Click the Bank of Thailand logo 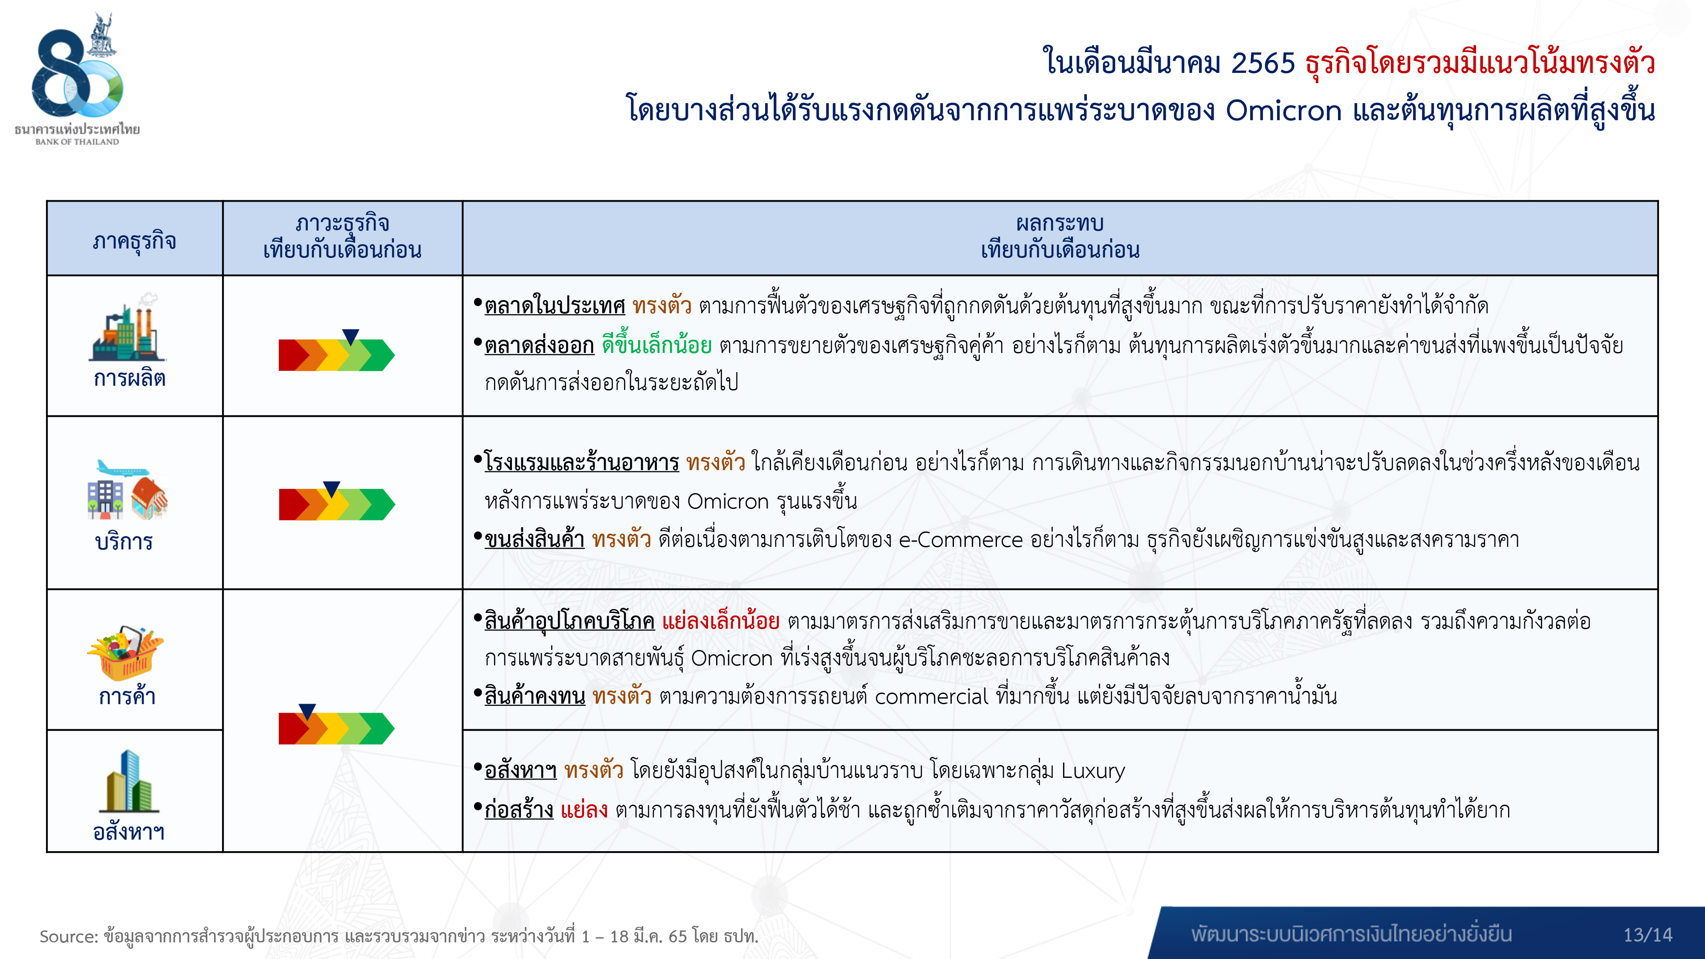(78, 78)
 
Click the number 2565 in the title (1262, 64)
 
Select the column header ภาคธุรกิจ (134, 241)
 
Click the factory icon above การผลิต (127, 327)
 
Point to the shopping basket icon (126, 653)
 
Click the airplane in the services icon (122, 469)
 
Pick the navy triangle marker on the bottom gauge (307, 711)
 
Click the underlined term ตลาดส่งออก (540, 346)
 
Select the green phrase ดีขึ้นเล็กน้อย (656, 345)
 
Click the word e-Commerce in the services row (960, 540)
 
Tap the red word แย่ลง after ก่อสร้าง (584, 810)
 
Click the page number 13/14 (1647, 935)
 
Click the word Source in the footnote (69, 936)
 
